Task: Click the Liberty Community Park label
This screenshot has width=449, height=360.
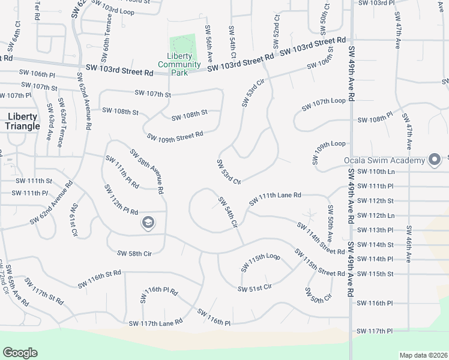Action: pyautogui.click(x=179, y=64)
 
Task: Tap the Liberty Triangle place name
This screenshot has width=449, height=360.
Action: pyautogui.click(x=22, y=121)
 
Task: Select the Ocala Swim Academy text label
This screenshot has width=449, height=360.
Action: pyautogui.click(x=384, y=160)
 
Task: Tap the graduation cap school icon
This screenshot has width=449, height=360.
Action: pyautogui.click(x=147, y=224)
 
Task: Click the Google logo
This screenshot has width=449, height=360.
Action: pyautogui.click(x=20, y=352)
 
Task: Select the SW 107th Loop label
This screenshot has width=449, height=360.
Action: pyautogui.click(x=325, y=101)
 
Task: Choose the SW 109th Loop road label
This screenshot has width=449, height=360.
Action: pyautogui.click(x=329, y=144)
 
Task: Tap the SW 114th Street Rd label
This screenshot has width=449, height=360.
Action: pyautogui.click(x=321, y=238)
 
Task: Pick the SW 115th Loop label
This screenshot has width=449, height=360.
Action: pyautogui.click(x=261, y=262)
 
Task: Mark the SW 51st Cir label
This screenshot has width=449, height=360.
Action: pyautogui.click(x=255, y=289)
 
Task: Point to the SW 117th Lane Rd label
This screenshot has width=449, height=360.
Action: pyautogui.click(x=155, y=323)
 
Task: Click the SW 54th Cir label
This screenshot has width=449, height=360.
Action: pyautogui.click(x=228, y=212)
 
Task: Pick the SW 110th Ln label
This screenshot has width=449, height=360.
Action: pyautogui.click(x=375, y=172)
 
